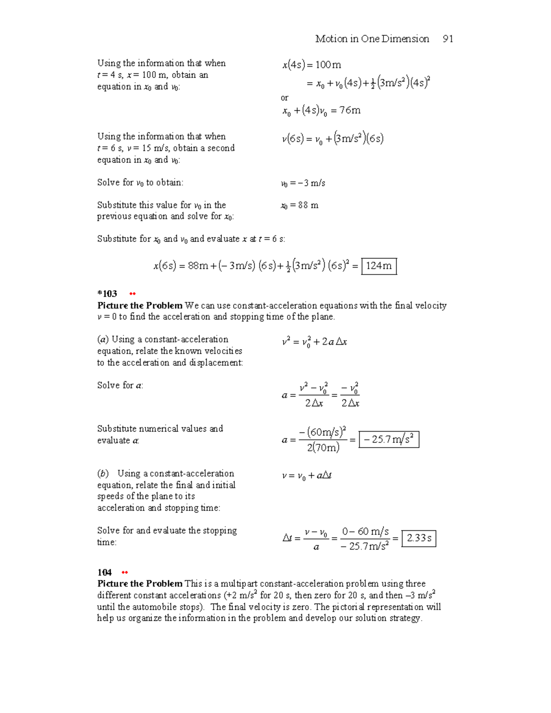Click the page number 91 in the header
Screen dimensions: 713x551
pos(448,39)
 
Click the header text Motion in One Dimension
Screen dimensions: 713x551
pos(372,39)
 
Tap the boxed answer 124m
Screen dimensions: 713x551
pos(379,266)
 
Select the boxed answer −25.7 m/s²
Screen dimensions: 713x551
pos(388,439)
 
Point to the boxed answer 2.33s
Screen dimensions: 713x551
pos(419,538)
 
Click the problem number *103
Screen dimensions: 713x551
pos(107,293)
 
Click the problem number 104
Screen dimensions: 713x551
pos(104,572)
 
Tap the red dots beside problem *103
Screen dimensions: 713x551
pos(133,294)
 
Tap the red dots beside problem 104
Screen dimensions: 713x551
pos(124,573)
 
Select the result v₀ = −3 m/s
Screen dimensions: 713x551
pos(303,183)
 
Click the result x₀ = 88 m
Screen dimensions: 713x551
pos(299,205)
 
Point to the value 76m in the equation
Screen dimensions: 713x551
pos(350,110)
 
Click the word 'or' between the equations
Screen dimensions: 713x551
pos(285,98)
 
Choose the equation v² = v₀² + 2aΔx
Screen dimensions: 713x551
pos(314,342)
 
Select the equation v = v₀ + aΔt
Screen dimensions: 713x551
pos(307,476)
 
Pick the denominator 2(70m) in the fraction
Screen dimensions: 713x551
pos(323,448)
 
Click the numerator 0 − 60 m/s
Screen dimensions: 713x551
pos(365,532)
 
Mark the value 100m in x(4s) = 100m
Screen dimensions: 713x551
pos(328,65)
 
